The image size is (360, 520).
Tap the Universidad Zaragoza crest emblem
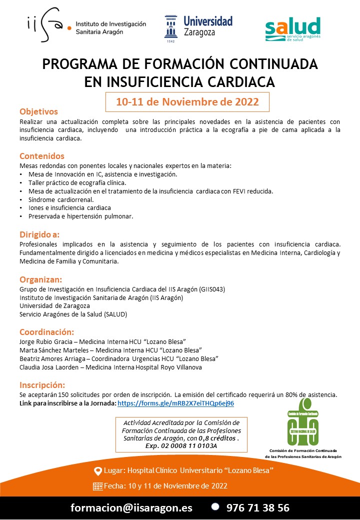[170, 28]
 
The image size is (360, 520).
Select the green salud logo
[292, 29]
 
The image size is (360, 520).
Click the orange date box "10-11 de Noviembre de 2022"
[187, 102]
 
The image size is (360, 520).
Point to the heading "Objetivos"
[38, 111]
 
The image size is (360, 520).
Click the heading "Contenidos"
[42, 156]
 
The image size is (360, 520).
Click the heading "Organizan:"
[40, 279]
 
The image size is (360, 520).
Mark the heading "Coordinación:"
[46, 332]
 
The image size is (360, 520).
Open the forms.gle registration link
[175, 403]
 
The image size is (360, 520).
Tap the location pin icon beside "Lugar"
[98, 471]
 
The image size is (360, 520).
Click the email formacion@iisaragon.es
[131, 507]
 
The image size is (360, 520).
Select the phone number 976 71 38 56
[257, 507]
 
